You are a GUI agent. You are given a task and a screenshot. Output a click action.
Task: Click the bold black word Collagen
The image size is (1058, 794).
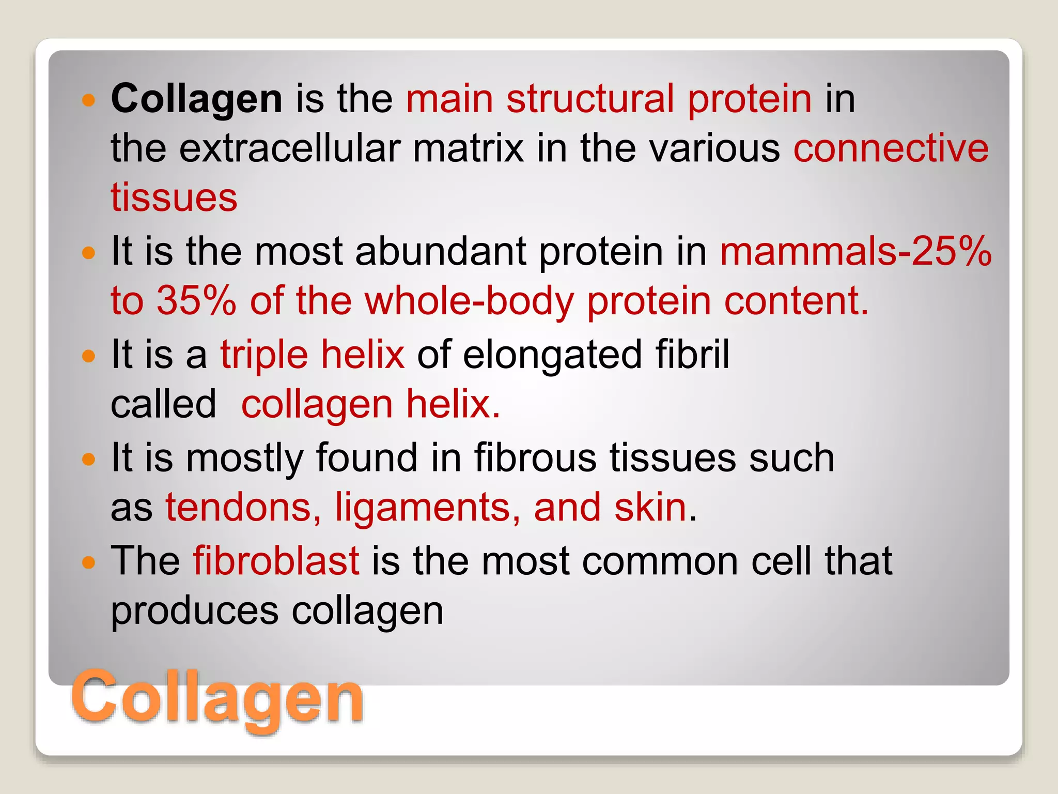[197, 99]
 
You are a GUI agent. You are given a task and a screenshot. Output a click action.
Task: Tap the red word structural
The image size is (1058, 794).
[590, 99]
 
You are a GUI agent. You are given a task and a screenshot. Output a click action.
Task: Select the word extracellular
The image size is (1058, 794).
[289, 148]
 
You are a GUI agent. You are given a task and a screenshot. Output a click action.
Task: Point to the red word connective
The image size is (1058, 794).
[891, 148]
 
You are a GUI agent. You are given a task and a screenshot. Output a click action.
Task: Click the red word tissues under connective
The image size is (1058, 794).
[174, 198]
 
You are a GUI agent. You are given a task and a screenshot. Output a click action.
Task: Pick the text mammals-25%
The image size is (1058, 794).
[855, 251]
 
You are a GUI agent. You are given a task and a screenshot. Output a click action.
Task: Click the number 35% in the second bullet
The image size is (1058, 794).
[196, 301]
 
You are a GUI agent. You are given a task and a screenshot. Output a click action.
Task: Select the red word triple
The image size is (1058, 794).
[263, 355]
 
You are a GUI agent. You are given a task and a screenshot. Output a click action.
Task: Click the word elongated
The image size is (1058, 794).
[552, 355]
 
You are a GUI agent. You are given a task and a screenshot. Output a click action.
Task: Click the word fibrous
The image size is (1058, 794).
[535, 458]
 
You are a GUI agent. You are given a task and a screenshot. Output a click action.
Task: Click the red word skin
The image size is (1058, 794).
[650, 508]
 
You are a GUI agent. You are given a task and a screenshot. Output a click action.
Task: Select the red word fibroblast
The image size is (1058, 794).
[276, 561]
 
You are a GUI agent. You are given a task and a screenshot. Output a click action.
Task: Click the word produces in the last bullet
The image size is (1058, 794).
[194, 611]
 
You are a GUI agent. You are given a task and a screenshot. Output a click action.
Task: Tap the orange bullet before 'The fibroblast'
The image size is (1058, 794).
[89, 562]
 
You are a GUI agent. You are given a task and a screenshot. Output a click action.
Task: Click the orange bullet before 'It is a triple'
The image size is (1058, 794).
[89, 356]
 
